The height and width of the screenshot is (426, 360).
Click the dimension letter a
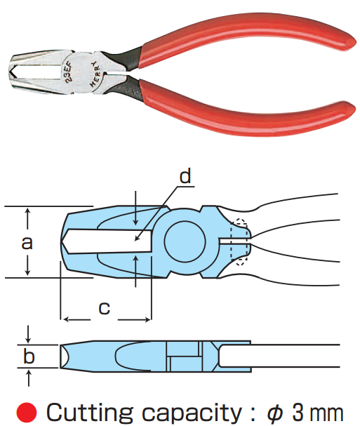click(x=27, y=243)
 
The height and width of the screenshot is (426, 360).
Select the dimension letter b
click(x=29, y=356)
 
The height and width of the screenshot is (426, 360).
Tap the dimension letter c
click(x=104, y=308)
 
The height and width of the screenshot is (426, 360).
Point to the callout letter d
click(x=185, y=176)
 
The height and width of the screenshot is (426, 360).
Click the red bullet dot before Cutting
click(x=27, y=413)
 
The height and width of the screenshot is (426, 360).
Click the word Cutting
click(x=90, y=413)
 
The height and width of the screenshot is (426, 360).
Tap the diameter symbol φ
click(x=275, y=413)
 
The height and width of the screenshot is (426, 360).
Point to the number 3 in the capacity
click(x=298, y=413)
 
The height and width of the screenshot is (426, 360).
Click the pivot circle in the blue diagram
click(x=185, y=242)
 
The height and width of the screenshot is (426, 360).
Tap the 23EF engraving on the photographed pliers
click(x=68, y=72)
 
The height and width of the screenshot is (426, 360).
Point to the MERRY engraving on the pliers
click(x=95, y=74)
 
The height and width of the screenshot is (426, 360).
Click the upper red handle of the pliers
click(x=244, y=35)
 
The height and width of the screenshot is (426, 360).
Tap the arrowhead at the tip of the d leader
click(x=137, y=239)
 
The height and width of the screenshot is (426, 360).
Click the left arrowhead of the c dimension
click(x=66, y=320)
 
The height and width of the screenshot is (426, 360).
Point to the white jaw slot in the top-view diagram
click(x=107, y=241)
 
